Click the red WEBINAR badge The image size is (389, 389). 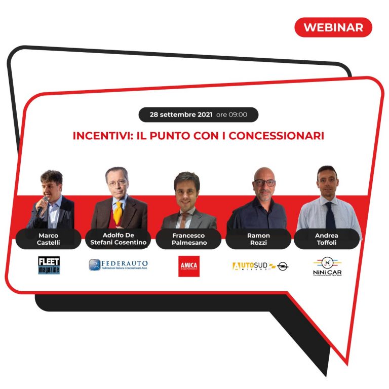(333, 27)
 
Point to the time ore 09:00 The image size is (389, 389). (232, 114)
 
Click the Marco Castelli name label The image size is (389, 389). (49, 239)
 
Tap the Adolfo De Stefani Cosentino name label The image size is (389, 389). (118, 239)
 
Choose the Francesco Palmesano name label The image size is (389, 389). (188, 239)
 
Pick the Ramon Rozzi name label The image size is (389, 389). (258, 239)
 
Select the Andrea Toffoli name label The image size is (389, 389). (326, 239)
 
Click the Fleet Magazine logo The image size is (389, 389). (49, 265)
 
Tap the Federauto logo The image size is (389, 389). (118, 265)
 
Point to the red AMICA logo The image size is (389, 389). (189, 266)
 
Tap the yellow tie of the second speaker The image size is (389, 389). (118, 213)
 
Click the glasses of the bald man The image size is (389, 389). (265, 183)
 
